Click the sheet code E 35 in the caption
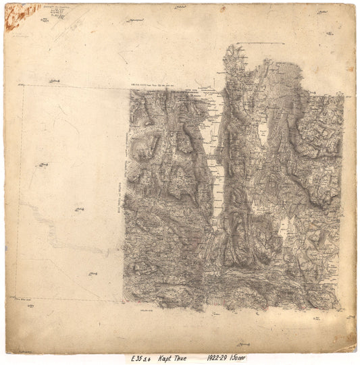[136, 358]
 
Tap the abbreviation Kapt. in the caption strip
[166, 358]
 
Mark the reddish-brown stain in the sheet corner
[14, 16]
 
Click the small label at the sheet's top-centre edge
[180, 7]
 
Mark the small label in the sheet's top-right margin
[325, 13]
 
